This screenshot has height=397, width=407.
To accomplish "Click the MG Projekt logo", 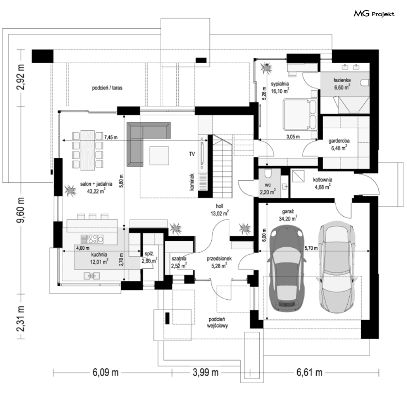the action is (374, 14).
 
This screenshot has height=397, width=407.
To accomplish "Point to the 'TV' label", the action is (192, 154).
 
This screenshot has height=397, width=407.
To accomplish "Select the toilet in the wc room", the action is (267, 173).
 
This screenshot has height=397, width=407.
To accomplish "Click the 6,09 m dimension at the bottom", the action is (105, 373).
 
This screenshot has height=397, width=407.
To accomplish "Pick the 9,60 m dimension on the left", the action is (20, 209).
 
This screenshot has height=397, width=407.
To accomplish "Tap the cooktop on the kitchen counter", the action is (92, 239).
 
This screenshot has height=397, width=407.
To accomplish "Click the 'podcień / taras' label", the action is (107, 88).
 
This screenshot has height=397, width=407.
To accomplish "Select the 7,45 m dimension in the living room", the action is (111, 137).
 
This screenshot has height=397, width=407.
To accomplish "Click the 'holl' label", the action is (219, 206).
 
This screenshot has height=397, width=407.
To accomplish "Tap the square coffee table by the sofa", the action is (159, 155).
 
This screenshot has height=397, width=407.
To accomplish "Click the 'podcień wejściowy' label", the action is (217, 322).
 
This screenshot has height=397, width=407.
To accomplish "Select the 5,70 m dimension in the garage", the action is (311, 248).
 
